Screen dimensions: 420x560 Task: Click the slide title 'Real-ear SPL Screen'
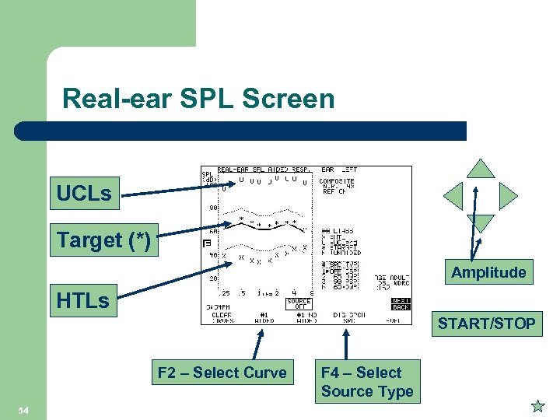click(198, 99)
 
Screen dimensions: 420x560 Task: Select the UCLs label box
click(84, 194)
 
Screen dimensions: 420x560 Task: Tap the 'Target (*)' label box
click(103, 240)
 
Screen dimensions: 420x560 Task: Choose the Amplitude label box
click(488, 272)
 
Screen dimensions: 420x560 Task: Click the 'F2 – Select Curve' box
click(222, 373)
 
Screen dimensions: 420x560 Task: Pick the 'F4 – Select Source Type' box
click(366, 382)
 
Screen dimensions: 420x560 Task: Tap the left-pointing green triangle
click(454, 196)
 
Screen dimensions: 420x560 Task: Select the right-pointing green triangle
click(507, 196)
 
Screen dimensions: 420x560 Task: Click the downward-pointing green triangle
click(481, 223)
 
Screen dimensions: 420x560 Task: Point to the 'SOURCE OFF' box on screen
click(299, 304)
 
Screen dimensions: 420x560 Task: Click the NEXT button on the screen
click(401, 299)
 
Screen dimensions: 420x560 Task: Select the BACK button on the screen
click(401, 307)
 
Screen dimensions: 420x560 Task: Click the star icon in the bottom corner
click(537, 405)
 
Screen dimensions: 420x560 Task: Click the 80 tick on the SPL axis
click(212, 208)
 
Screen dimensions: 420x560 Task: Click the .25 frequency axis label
click(224, 292)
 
